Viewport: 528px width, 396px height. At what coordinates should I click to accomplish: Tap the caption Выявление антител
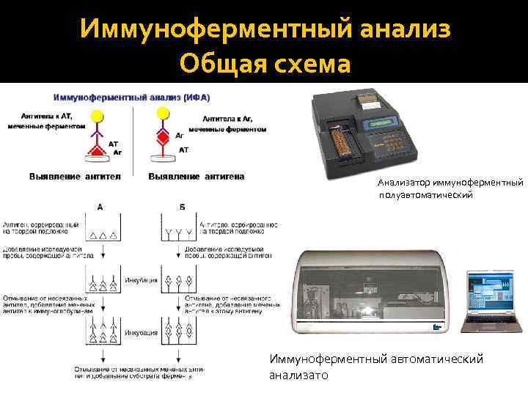[75, 176]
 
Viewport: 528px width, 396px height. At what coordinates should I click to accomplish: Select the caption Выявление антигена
[197, 176]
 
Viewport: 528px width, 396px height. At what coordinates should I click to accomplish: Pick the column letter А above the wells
[100, 208]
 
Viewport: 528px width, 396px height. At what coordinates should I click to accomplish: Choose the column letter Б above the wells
[181, 208]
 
